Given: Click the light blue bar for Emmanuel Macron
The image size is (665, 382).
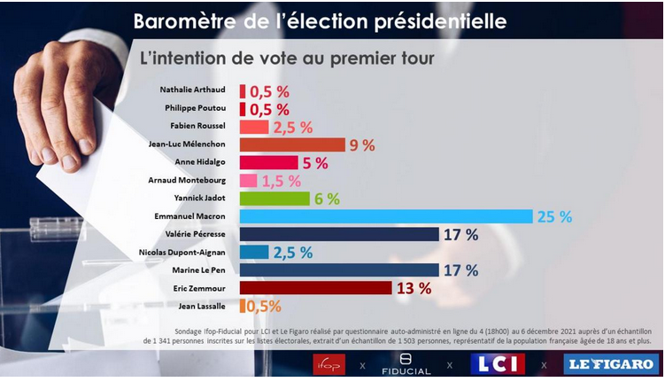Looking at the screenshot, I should (385, 216).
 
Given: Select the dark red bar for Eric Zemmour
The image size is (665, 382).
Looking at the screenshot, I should (315, 288).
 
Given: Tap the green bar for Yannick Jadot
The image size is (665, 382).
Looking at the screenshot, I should (275, 199).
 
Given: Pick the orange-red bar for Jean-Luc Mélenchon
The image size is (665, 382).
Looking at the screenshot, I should (291, 144).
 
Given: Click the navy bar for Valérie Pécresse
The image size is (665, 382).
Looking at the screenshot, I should (339, 234).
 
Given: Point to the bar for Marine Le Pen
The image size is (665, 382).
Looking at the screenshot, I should (339, 269).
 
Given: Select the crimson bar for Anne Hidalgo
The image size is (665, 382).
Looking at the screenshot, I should (268, 162).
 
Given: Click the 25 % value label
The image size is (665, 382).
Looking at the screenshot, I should (554, 216).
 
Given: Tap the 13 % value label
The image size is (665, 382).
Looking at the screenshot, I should (414, 288).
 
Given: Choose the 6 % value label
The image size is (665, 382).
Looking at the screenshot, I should (326, 199).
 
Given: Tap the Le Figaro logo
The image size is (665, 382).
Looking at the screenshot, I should (611, 363).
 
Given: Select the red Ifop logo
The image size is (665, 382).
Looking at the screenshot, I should (329, 363).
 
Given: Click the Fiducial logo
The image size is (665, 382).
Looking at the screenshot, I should (404, 363).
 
